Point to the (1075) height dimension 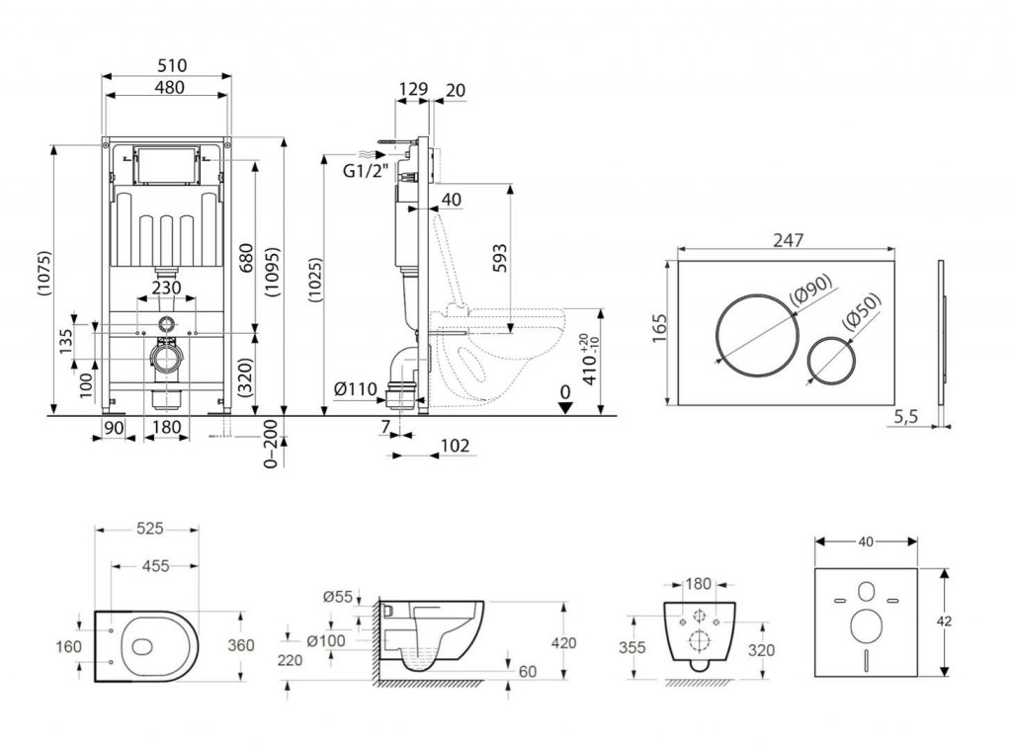click(42, 282)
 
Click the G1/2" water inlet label click(364, 171)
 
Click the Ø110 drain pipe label click(356, 389)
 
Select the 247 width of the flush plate click(791, 240)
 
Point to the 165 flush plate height click(660, 328)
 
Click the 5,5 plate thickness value click(906, 418)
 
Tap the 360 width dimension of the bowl click(240, 645)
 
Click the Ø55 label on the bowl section click(338, 597)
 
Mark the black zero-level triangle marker click(562, 408)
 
